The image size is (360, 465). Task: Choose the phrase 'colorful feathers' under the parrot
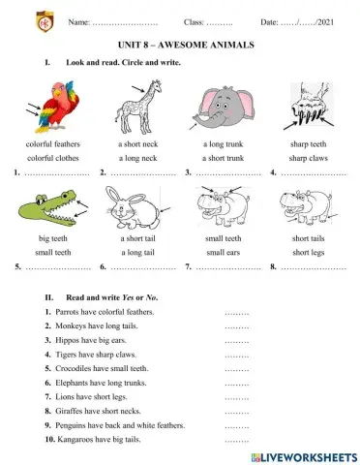click(54, 143)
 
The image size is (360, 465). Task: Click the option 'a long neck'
click(137, 157)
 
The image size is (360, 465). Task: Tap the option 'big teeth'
click(54, 237)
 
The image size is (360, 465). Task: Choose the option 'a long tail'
click(137, 251)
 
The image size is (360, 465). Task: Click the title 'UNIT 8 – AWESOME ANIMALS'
click(180, 45)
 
